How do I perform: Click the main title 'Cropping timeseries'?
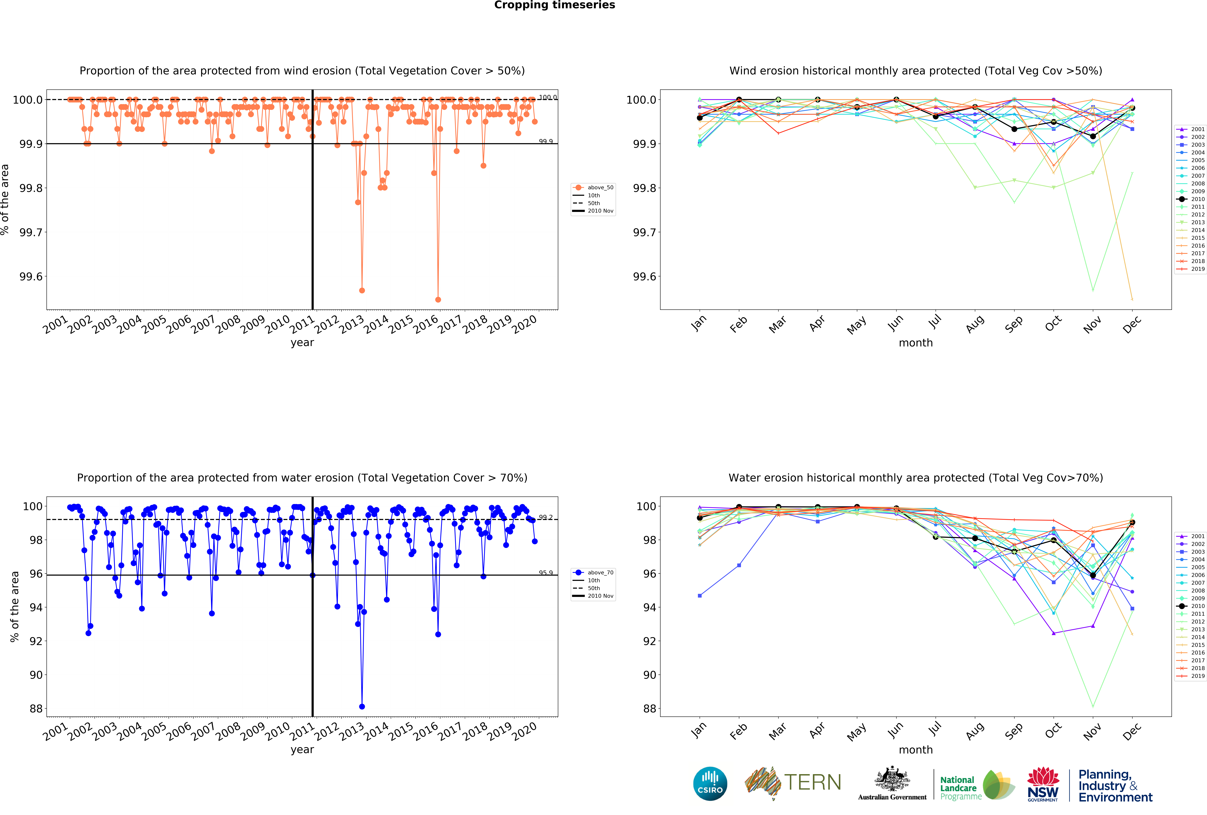tap(554, 5)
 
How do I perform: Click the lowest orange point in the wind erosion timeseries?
tap(438, 299)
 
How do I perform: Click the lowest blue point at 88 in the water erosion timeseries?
tap(362, 707)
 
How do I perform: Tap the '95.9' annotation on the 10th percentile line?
tap(545, 573)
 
